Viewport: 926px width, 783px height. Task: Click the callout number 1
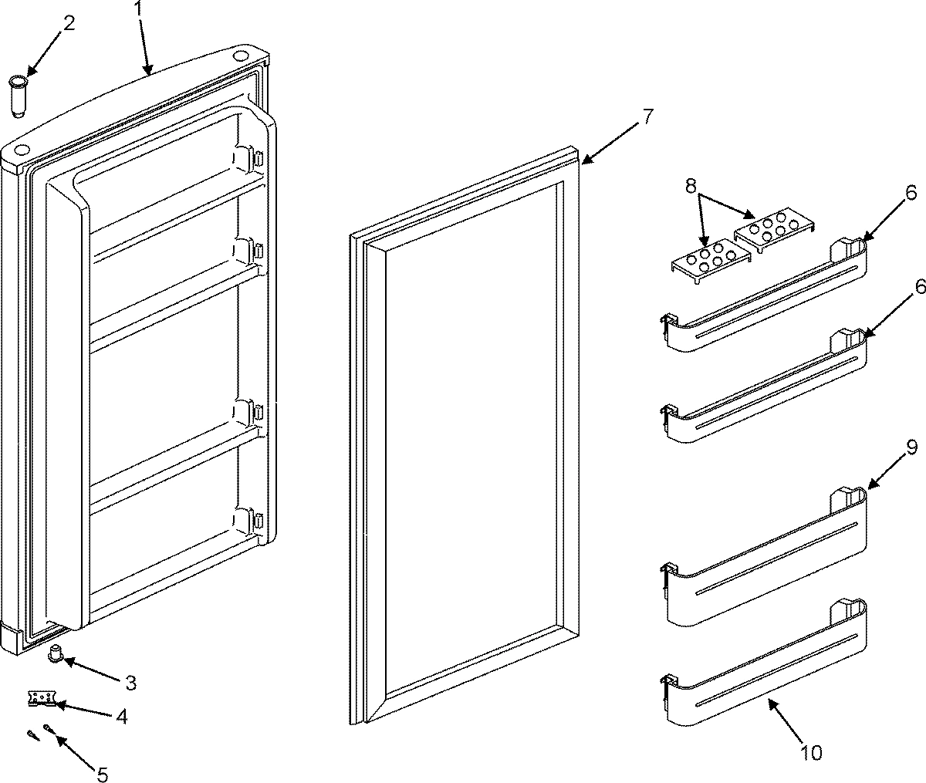(x=139, y=9)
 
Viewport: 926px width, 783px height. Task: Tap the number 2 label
(x=69, y=23)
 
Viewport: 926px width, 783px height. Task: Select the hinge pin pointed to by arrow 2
(x=19, y=94)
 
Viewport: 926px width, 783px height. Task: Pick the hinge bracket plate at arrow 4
(x=41, y=698)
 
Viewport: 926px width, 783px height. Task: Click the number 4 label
(x=121, y=716)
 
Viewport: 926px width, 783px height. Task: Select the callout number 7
(x=647, y=117)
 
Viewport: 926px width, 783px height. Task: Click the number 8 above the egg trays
(x=691, y=185)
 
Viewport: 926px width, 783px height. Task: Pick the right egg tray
(x=772, y=228)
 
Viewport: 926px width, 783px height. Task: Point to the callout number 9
(x=911, y=449)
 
